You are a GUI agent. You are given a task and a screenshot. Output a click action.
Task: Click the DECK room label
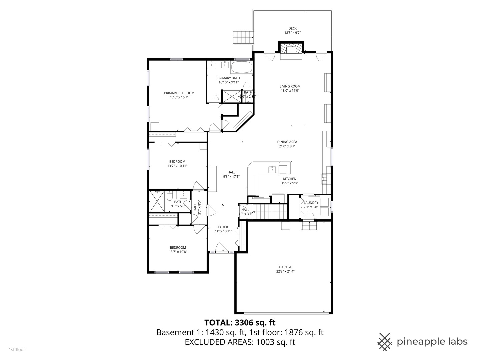point(292,28)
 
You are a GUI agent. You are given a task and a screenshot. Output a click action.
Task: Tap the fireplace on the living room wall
point(291,49)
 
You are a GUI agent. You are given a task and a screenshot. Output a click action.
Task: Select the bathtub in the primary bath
point(241,67)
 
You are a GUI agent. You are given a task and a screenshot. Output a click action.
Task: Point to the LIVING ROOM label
point(290,86)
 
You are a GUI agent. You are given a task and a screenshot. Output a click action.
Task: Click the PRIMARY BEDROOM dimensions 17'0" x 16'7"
point(179,98)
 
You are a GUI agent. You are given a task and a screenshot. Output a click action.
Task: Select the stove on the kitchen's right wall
point(324,179)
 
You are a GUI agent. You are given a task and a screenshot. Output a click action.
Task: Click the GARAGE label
point(285,267)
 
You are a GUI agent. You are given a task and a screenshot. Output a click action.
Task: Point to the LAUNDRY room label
point(311,203)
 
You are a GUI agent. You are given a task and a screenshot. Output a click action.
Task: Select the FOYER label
point(223,227)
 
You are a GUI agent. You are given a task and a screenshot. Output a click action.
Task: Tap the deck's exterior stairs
point(242,37)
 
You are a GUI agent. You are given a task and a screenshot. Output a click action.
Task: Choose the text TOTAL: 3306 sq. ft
point(240,322)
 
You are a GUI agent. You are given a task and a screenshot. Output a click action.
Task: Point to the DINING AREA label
point(287,142)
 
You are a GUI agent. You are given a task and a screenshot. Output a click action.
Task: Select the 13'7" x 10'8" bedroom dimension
point(178,252)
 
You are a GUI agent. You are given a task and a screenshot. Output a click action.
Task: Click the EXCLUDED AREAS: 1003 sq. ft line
point(240,342)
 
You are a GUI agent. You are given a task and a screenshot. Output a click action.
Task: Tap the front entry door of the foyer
point(222,248)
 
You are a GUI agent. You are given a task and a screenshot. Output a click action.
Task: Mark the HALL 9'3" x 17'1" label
point(231,175)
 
